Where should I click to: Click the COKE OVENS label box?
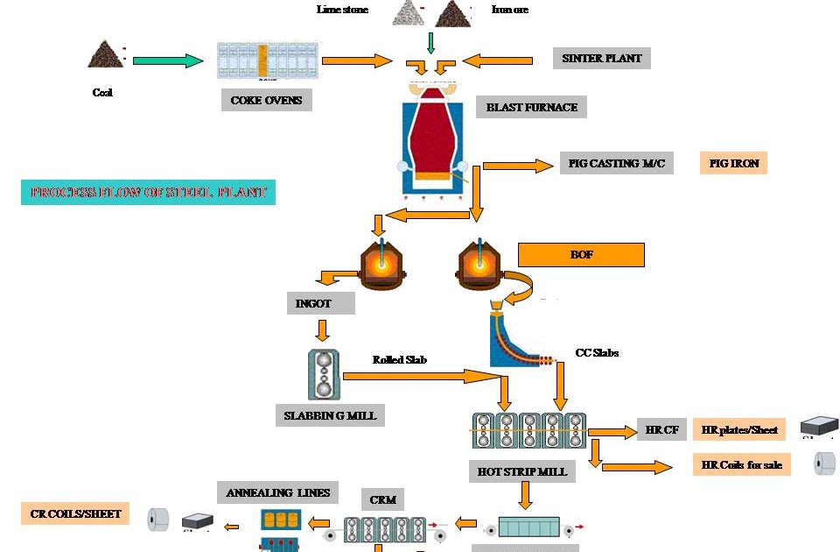(x=266, y=100)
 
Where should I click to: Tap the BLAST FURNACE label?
(x=531, y=107)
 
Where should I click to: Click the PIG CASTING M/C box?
(x=616, y=163)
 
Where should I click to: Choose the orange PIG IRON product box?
(x=733, y=163)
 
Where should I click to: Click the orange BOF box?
(x=581, y=255)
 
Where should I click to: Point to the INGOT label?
(x=320, y=303)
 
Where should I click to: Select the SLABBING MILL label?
(x=330, y=414)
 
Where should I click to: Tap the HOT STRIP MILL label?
(x=521, y=471)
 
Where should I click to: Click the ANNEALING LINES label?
(x=277, y=492)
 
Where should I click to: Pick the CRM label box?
(x=382, y=499)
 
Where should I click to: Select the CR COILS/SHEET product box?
(x=74, y=513)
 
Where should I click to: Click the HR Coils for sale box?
(x=741, y=464)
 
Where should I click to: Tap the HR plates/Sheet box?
(x=738, y=429)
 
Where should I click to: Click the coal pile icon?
(x=105, y=54)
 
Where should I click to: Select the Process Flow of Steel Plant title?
(x=148, y=192)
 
